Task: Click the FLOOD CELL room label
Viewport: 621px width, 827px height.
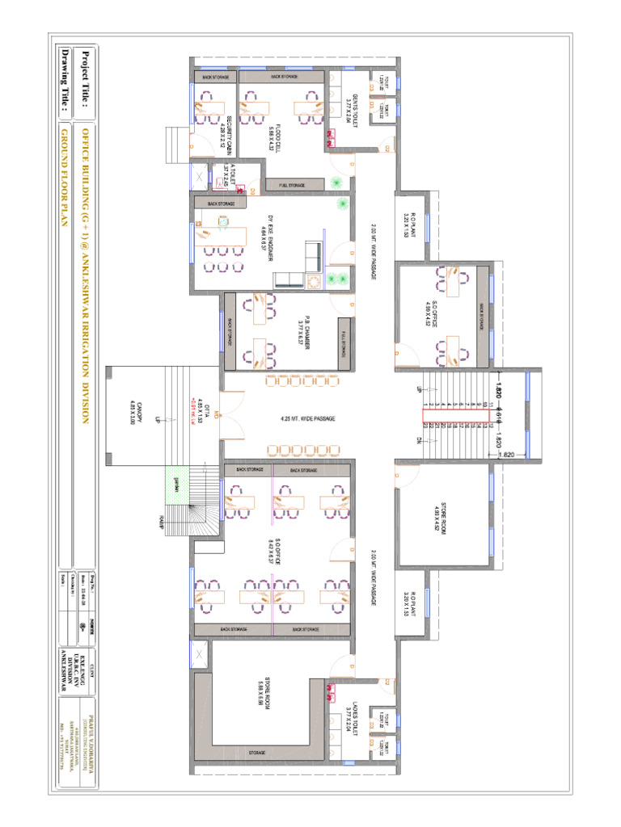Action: [x=276, y=128]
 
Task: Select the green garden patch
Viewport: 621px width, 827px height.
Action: [x=175, y=485]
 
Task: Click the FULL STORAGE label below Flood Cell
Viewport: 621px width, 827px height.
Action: [x=292, y=185]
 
